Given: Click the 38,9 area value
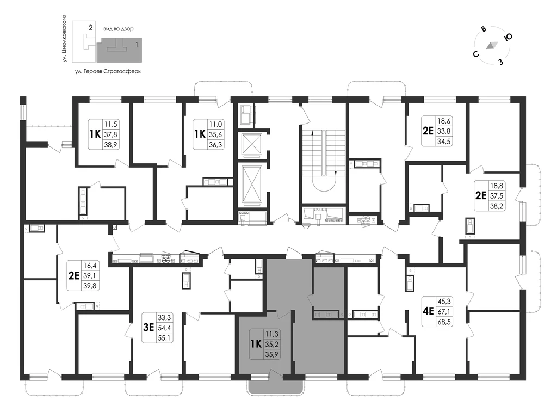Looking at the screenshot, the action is pyautogui.click(x=110, y=145).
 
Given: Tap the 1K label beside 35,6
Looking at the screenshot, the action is pyautogui.click(x=200, y=134).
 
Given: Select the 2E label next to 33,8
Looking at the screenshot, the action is pyautogui.click(x=429, y=131).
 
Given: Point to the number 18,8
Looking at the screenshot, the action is pyautogui.click(x=497, y=186).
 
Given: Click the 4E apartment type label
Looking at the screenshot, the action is pyautogui.click(x=429, y=311).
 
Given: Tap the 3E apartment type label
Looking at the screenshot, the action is pyautogui.click(x=148, y=327).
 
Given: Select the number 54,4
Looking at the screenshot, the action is pyautogui.click(x=164, y=328).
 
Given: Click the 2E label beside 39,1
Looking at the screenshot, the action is pyautogui.click(x=73, y=275).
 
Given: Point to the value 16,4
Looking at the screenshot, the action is pyautogui.click(x=90, y=266).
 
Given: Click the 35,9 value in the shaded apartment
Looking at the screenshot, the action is pyautogui.click(x=272, y=354).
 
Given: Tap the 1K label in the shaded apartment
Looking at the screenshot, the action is pyautogui.click(x=256, y=344).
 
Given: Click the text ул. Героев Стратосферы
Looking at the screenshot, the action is pyautogui.click(x=108, y=71).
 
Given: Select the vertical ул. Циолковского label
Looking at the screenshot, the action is pyautogui.click(x=65, y=39).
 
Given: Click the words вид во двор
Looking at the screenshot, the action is pyautogui.click(x=119, y=29).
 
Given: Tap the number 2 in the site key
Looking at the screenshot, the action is pyautogui.click(x=91, y=27).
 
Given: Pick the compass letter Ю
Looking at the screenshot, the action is pyautogui.click(x=508, y=37).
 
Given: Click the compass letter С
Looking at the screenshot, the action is pyautogui.click(x=475, y=54).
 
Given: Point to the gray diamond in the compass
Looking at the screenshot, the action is pyautogui.click(x=492, y=45).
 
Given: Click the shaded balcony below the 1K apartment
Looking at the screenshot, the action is pyautogui.click(x=276, y=384).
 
